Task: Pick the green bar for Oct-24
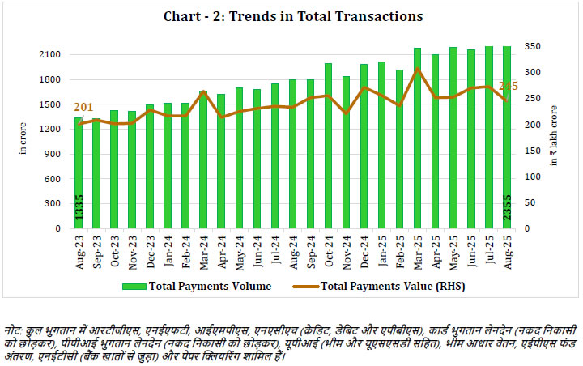click(328, 146)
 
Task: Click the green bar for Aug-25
click(506, 138)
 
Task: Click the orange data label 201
click(84, 108)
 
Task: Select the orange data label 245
click(509, 86)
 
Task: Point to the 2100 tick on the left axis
click(50, 54)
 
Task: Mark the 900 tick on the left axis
click(53, 154)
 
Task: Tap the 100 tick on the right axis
click(533, 177)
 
